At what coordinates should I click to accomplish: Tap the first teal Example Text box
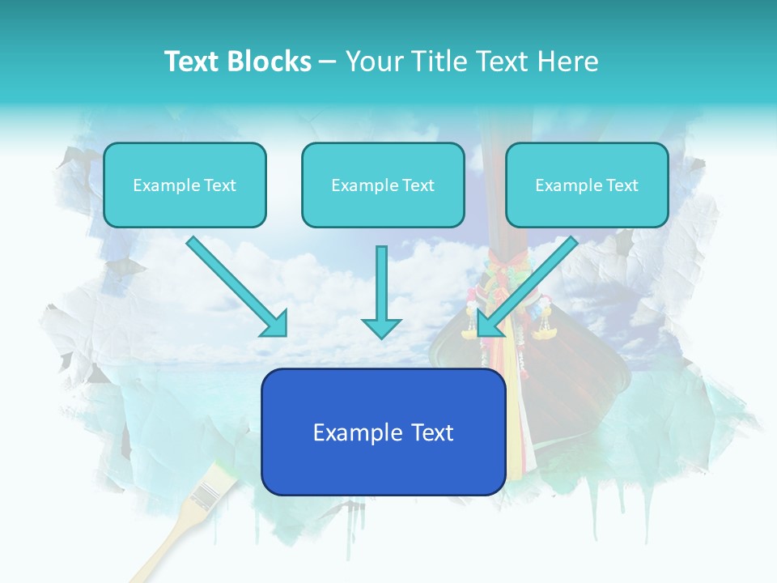[x=185, y=185]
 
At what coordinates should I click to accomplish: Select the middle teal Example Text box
[x=383, y=185]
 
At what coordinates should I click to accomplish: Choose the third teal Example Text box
[x=587, y=185]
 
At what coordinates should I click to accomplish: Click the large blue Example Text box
[x=383, y=432]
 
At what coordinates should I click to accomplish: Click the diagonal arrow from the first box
[x=235, y=284]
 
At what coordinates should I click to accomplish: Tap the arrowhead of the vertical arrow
[x=381, y=327]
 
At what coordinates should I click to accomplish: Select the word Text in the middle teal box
[x=418, y=185]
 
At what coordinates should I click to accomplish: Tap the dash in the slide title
[x=328, y=62]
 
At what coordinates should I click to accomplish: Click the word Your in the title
[x=373, y=62]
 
